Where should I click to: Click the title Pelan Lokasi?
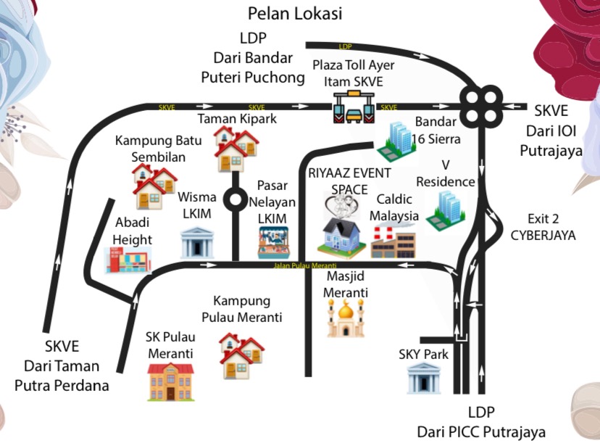pos(295,13)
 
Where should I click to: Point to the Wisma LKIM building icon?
pos(194,241)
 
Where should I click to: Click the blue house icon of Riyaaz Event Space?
pos(343,237)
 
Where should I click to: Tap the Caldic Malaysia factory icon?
pos(393,241)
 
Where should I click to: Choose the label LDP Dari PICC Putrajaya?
pos(480,422)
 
